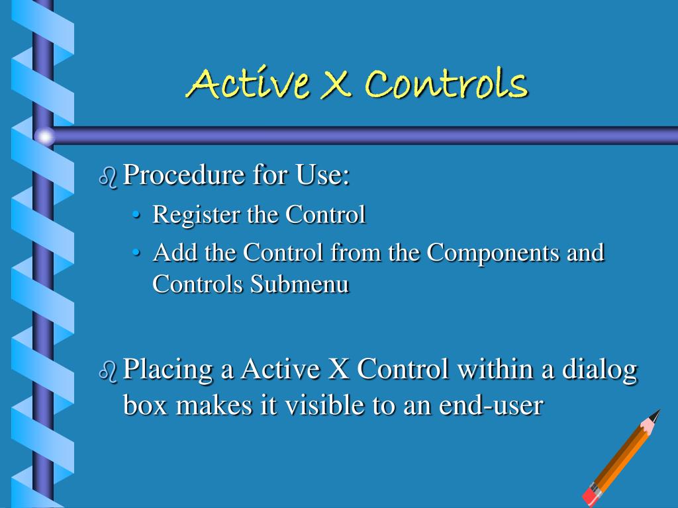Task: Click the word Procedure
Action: pyautogui.click(x=174, y=176)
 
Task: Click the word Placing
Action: pyautogui.click(x=169, y=369)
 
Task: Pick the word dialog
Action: pyautogui.click(x=599, y=369)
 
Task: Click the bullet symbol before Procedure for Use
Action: pyautogui.click(x=108, y=177)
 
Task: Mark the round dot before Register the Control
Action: pyautogui.click(x=136, y=216)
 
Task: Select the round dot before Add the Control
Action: pyautogui.click(x=136, y=253)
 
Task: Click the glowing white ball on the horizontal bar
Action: pyautogui.click(x=45, y=136)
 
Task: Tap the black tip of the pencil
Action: pyautogui.click(x=656, y=414)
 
